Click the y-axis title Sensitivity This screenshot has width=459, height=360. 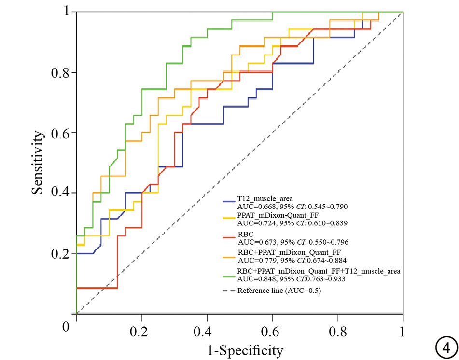click(x=38, y=162)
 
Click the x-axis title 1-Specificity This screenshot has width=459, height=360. click(x=245, y=350)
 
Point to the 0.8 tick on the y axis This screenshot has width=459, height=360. click(x=61, y=72)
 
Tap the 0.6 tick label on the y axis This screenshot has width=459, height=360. click(x=61, y=133)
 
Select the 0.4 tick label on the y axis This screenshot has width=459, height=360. click(x=61, y=193)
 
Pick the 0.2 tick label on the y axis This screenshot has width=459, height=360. click(x=61, y=253)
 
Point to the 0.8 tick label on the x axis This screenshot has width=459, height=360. click(x=338, y=332)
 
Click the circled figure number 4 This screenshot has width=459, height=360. click(x=446, y=348)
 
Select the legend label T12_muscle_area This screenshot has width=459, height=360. click(x=265, y=199)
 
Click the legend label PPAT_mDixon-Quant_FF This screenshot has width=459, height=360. click(x=278, y=215)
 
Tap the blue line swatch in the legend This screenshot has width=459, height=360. click(x=229, y=201)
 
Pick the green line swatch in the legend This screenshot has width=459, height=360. click(x=229, y=277)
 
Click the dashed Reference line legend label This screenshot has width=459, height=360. click(x=279, y=291)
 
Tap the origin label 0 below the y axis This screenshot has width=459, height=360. click(x=66, y=327)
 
